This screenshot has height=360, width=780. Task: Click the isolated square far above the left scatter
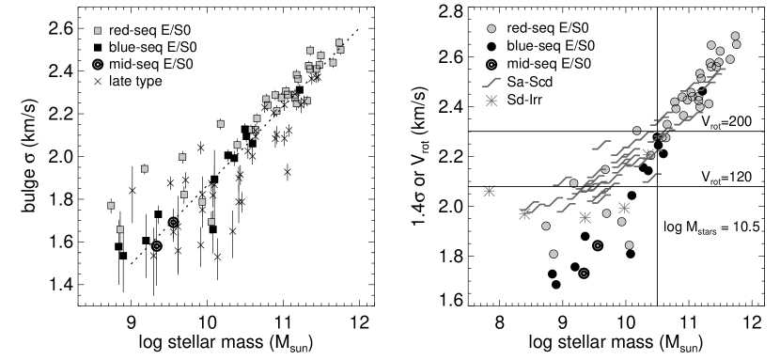[98, 31]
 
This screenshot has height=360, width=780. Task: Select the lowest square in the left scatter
[120, 229]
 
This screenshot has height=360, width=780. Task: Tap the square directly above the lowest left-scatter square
[111, 206]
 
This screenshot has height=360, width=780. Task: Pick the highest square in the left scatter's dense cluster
[339, 42]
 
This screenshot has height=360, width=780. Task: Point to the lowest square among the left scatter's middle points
[211, 222]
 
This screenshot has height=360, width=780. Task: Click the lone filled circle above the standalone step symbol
[491, 29]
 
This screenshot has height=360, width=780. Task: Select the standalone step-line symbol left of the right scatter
[491, 83]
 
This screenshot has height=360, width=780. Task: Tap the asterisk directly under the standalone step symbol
[491, 101]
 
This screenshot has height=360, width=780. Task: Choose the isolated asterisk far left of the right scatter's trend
[489, 191]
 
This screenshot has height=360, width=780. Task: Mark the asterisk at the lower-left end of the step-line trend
[525, 213]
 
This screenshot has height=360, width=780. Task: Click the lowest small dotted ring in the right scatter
[584, 274]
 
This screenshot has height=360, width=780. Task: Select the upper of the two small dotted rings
[598, 245]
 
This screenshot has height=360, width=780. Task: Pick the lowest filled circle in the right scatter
[554, 254]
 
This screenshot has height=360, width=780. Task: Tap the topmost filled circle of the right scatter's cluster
[735, 37]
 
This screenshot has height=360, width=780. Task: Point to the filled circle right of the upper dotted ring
[630, 245]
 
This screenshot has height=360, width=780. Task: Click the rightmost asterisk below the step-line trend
[624, 208]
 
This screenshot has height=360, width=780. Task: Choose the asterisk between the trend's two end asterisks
[585, 217]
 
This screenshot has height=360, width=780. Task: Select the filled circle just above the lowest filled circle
[546, 227]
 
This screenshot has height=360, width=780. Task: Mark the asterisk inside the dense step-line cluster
[649, 153]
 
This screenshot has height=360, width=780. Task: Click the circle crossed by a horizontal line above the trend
[637, 131]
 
